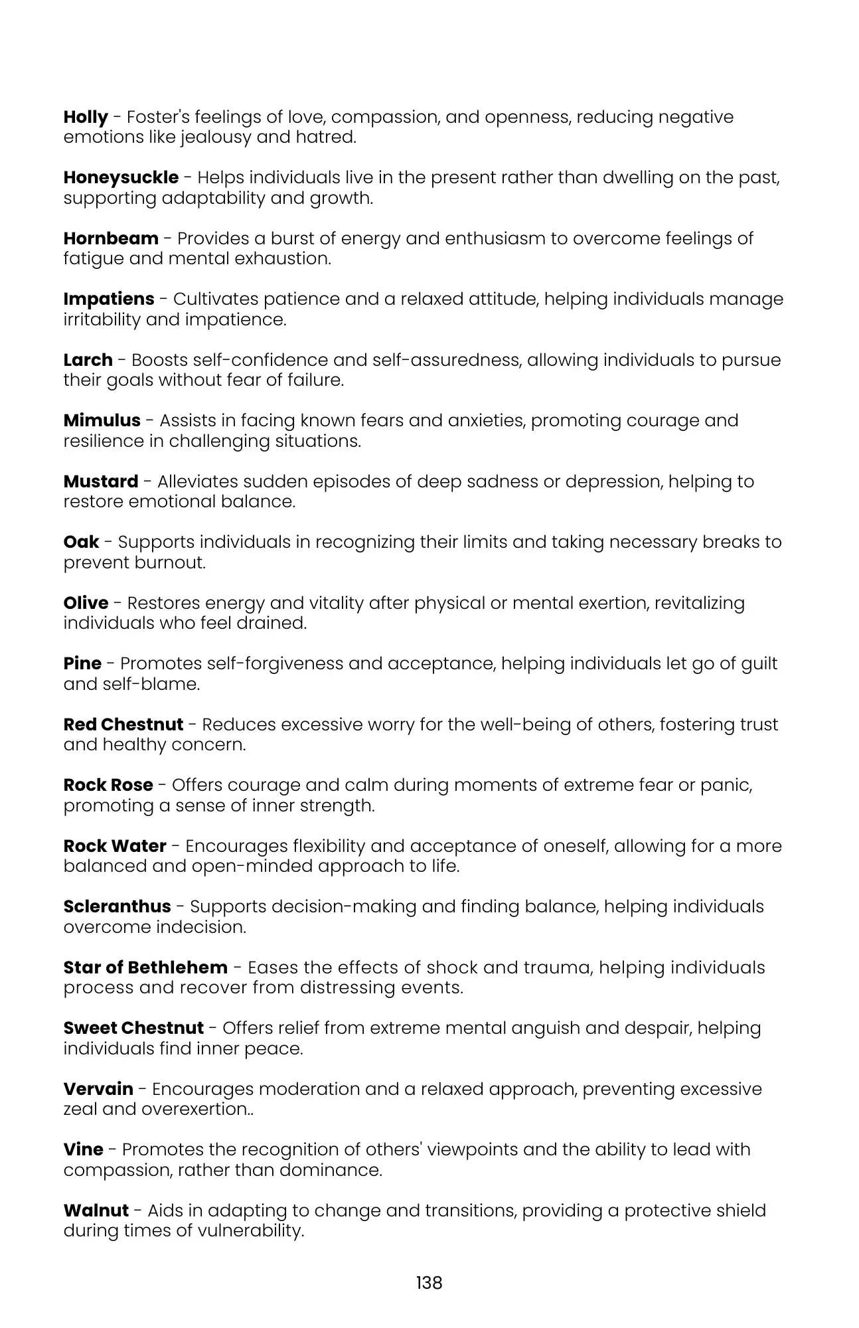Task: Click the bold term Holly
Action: click(86, 118)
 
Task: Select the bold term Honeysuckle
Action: click(121, 178)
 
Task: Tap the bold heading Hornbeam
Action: click(111, 238)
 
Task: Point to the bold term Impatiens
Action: click(109, 299)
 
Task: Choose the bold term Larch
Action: click(88, 360)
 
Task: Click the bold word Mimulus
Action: click(102, 420)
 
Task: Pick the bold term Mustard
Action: click(101, 481)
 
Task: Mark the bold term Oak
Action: click(81, 542)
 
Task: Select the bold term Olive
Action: click(86, 603)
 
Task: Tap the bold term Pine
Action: click(82, 663)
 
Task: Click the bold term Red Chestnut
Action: click(123, 724)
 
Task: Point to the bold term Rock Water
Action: click(115, 846)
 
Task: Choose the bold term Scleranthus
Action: click(117, 906)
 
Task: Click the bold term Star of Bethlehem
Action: click(145, 967)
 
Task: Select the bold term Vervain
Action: click(98, 1089)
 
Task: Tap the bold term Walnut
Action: click(96, 1210)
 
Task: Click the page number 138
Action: click(429, 1283)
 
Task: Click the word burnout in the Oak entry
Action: click(170, 562)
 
